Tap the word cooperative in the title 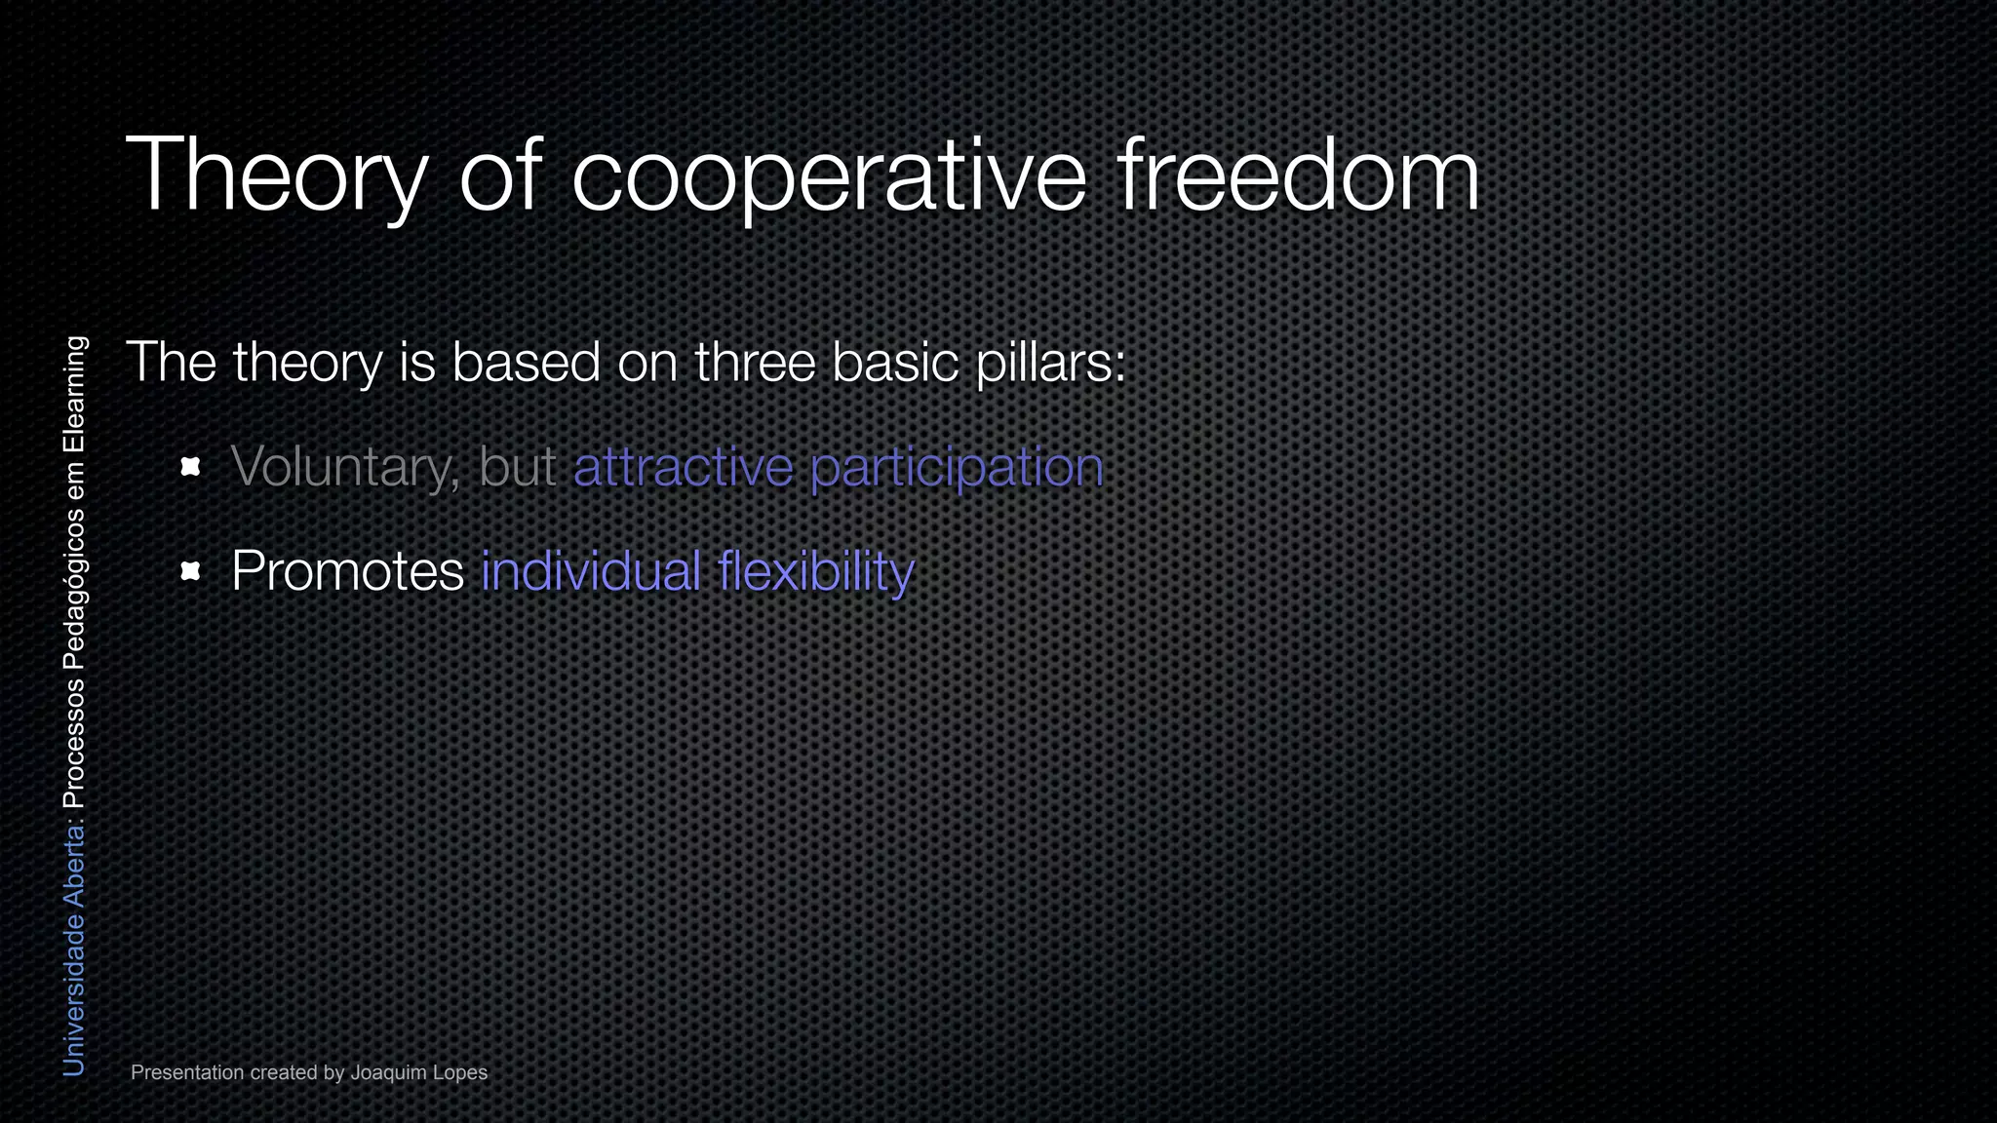pyautogui.click(x=828, y=176)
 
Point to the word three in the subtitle pyautogui.click(x=755, y=363)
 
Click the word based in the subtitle pyautogui.click(x=526, y=363)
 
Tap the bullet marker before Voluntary pyautogui.click(x=191, y=467)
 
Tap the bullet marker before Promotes pyautogui.click(x=191, y=571)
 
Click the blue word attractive pyautogui.click(x=683, y=467)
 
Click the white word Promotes pyautogui.click(x=347, y=572)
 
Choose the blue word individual pyautogui.click(x=591, y=571)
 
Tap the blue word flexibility pyautogui.click(x=816, y=572)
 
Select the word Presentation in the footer pyautogui.click(x=187, y=1073)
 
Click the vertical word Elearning pyautogui.click(x=74, y=395)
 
